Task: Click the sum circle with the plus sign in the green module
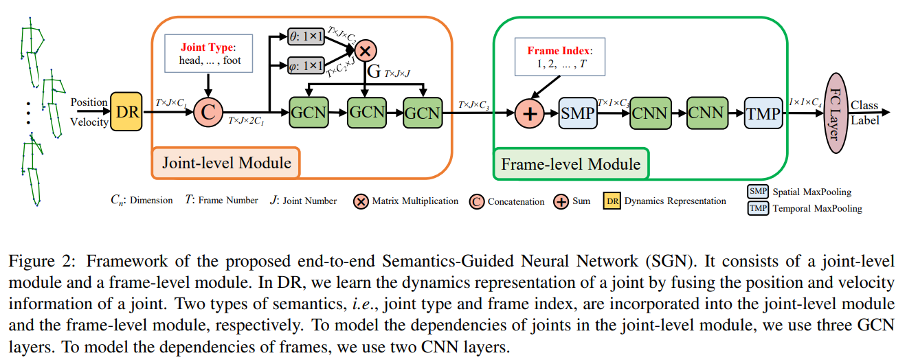click(530, 113)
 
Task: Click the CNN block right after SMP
click(649, 113)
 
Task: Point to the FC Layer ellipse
click(831, 113)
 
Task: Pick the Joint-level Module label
click(226, 163)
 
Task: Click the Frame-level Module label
click(570, 164)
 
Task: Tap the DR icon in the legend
click(613, 201)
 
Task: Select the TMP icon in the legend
click(758, 208)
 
